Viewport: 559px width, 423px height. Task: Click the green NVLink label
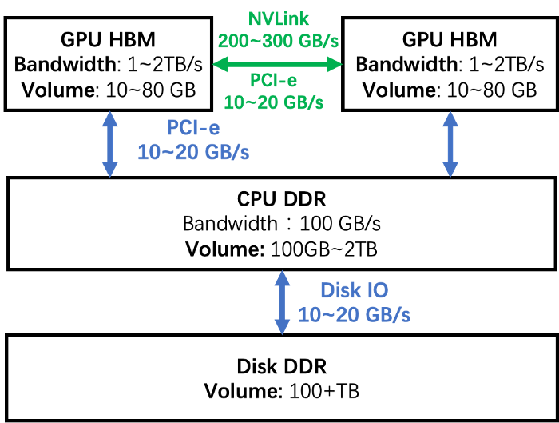[278, 19]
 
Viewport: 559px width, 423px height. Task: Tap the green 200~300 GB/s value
[278, 41]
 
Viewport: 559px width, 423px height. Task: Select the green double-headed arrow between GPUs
[277, 64]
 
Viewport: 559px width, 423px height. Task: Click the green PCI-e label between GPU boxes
[273, 80]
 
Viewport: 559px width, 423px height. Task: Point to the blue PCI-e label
[193, 128]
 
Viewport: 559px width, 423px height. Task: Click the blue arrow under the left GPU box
[110, 144]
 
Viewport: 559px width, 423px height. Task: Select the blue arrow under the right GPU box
[450, 144]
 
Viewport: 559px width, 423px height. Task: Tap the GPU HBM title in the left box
[108, 40]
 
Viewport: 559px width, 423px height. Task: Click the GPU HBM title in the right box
[450, 40]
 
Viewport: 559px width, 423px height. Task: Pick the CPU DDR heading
[282, 199]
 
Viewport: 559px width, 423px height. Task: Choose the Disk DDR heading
[282, 366]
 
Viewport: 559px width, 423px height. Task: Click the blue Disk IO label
[355, 290]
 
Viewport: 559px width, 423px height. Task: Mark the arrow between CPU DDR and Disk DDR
[282, 303]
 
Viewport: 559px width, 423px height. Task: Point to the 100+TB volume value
[324, 391]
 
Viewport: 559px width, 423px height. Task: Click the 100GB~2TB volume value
[324, 249]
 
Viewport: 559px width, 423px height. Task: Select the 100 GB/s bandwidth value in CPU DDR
[340, 224]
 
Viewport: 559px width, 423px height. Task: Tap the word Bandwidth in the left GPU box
[65, 65]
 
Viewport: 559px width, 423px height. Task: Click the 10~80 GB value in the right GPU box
[492, 90]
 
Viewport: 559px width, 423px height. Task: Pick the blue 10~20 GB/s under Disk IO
[355, 315]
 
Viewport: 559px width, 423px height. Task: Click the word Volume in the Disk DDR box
[243, 391]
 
